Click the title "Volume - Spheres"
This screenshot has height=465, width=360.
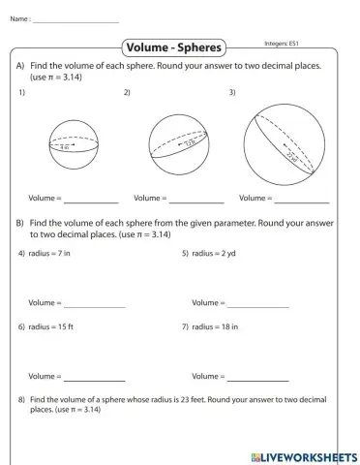click(175, 47)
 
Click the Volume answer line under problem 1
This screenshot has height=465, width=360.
click(92, 201)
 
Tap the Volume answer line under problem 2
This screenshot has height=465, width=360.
click(197, 201)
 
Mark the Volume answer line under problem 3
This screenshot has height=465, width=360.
click(301, 201)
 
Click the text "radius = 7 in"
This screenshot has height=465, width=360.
click(49, 253)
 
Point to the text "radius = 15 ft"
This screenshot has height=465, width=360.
click(50, 326)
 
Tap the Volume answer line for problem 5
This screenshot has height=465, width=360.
click(258, 306)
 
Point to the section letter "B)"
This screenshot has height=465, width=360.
click(20, 222)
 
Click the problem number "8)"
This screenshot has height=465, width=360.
click(22, 398)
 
